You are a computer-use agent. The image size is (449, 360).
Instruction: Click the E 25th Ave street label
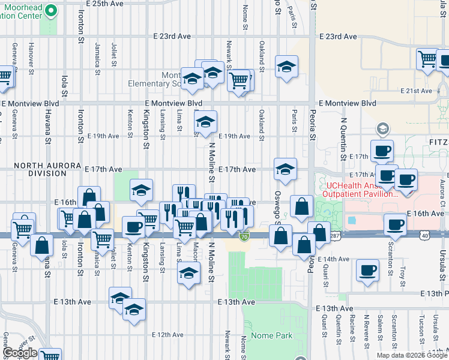click(x=104, y=4)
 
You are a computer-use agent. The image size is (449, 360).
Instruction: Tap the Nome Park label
click(x=272, y=335)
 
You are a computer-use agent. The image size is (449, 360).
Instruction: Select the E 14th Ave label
click(x=333, y=259)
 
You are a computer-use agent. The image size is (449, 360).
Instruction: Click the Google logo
click(x=20, y=353)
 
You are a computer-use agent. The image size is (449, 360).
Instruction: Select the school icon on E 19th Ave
click(x=205, y=122)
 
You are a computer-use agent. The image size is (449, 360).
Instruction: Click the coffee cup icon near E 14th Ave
click(x=367, y=271)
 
